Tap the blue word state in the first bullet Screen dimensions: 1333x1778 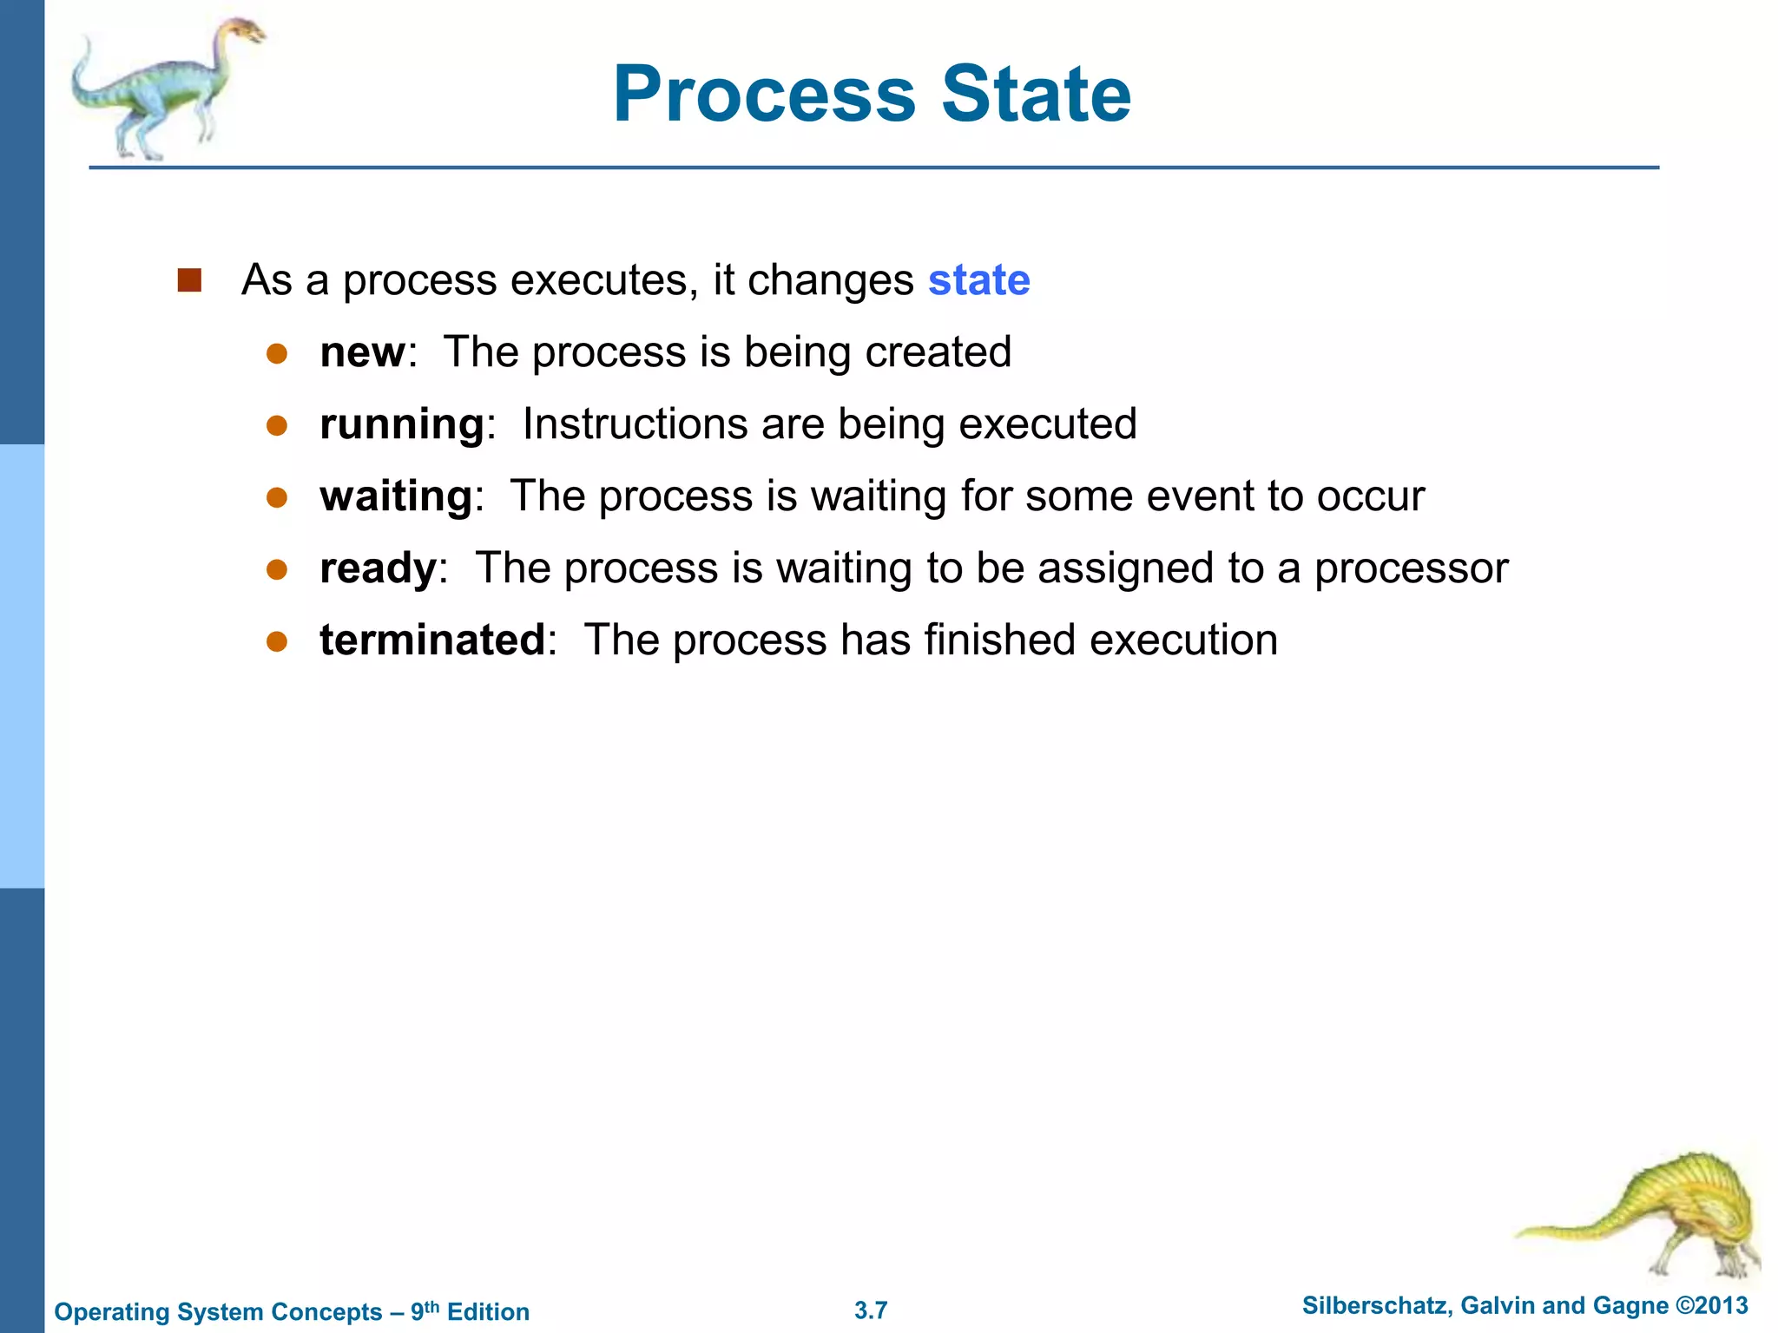point(978,280)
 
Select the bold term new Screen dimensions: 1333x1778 point(361,352)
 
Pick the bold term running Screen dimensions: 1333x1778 point(402,425)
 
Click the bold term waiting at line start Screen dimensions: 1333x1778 point(396,496)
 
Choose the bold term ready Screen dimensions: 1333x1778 point(378,569)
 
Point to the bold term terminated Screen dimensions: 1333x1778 point(431,640)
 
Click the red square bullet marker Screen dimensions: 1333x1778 point(189,280)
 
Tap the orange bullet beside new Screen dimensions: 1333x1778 point(277,353)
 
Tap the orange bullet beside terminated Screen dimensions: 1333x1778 point(277,641)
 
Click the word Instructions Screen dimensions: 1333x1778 point(635,424)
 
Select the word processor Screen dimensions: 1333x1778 point(1411,569)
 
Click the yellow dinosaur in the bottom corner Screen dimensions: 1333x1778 point(1667,1215)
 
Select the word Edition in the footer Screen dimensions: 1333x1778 point(488,1311)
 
